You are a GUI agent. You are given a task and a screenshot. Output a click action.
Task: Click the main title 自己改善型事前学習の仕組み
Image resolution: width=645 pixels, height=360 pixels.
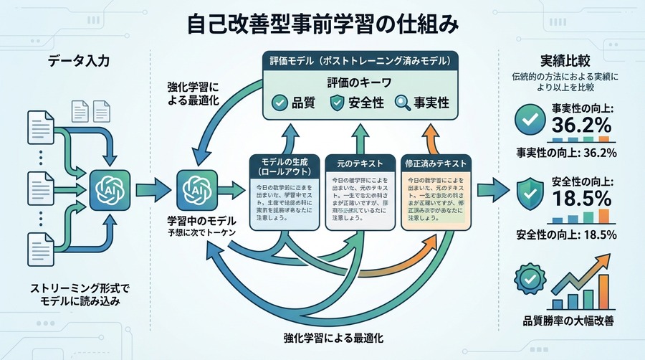(322, 24)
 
